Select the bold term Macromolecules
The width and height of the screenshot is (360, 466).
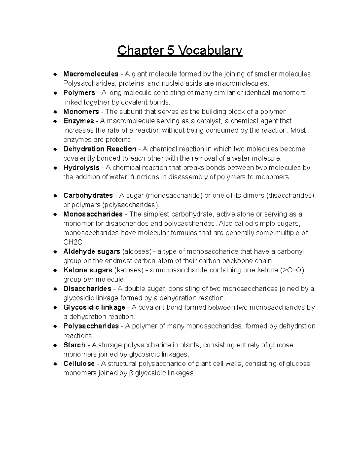pyautogui.click(x=91, y=74)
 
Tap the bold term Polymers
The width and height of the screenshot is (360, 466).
pyautogui.click(x=79, y=92)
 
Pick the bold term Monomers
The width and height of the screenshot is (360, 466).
pyautogui.click(x=81, y=112)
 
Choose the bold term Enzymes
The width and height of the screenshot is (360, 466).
pyautogui.click(x=79, y=121)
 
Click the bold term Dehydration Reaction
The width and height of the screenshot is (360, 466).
pyautogui.click(x=100, y=149)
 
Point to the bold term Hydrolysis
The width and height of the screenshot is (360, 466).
pyautogui.click(x=81, y=167)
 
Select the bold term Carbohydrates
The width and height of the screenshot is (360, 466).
pyautogui.click(x=88, y=196)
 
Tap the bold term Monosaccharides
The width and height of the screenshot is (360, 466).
pyautogui.click(x=93, y=214)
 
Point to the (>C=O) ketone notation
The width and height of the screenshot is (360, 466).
pyautogui.click(x=292, y=270)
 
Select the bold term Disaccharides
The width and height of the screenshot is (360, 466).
pyautogui.click(x=87, y=289)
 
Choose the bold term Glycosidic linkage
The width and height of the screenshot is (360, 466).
pyautogui.click(x=94, y=307)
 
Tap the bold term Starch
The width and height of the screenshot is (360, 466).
pyautogui.click(x=74, y=345)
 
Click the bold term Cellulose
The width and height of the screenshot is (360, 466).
pyautogui.click(x=79, y=364)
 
